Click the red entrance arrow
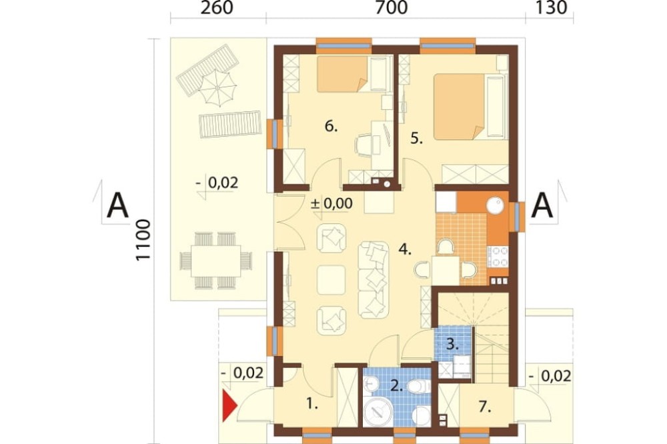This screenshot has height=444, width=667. point(229,407)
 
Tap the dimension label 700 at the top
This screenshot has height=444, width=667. point(392,7)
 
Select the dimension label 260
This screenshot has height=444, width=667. point(217,7)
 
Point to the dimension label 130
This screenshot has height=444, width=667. point(551,7)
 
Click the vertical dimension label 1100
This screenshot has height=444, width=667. point(143,240)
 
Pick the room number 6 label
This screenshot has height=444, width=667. point(331,126)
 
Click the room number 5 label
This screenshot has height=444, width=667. point(416,139)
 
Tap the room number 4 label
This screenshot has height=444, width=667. point(405,249)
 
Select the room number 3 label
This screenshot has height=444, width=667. point(453,344)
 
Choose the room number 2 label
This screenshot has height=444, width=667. point(396,386)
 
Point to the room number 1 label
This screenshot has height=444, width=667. point(312,403)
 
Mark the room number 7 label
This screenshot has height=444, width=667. point(485,407)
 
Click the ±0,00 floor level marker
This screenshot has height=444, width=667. point(331,203)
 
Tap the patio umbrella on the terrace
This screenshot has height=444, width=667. point(217,88)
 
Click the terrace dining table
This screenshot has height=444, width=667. point(215,261)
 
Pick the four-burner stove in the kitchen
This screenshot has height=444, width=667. point(498,257)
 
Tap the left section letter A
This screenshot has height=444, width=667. point(117,205)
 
